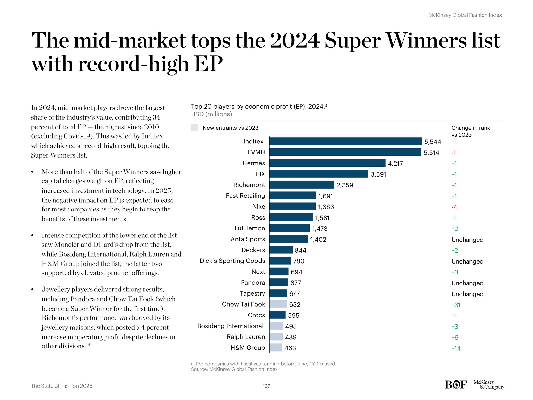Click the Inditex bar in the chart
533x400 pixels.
point(345,141)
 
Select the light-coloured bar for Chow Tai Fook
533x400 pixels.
point(278,304)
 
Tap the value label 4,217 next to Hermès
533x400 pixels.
point(395,164)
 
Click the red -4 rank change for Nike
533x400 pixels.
point(454,207)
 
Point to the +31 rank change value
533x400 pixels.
point(456,305)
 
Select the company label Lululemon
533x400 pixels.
point(250,228)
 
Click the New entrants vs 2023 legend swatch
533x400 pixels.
point(194,128)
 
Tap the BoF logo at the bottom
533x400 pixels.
point(456,385)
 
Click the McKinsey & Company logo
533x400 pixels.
point(488,385)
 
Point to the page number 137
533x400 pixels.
point(266,386)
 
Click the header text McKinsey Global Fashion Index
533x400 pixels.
point(465,15)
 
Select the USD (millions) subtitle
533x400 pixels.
point(211,114)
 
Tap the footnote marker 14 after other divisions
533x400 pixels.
point(88,345)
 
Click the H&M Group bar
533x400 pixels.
point(276,348)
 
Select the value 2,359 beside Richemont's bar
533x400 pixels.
point(345,185)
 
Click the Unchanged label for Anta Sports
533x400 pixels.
point(467,240)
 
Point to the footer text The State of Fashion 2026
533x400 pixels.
point(61,386)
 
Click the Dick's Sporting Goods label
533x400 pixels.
point(232,261)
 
